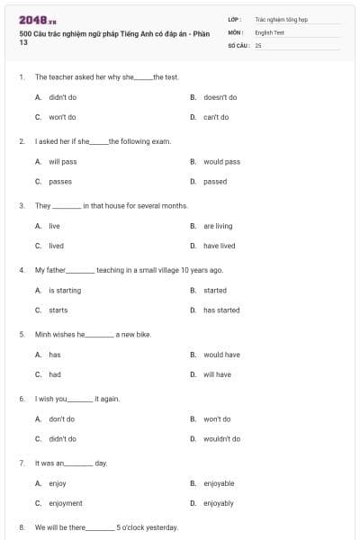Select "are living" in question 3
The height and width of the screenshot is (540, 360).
(218, 226)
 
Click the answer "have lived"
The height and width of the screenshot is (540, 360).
(219, 246)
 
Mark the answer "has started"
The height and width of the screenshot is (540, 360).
(221, 310)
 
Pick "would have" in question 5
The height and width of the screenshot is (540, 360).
(221, 355)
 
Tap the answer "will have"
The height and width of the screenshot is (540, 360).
(217, 374)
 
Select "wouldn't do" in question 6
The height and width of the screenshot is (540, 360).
(221, 439)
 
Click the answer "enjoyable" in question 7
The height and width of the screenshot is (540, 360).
(219, 483)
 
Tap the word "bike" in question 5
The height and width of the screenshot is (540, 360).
(143, 334)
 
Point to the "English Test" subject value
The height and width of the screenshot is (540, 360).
(269, 31)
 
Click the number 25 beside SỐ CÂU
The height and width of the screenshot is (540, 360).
(258, 44)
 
